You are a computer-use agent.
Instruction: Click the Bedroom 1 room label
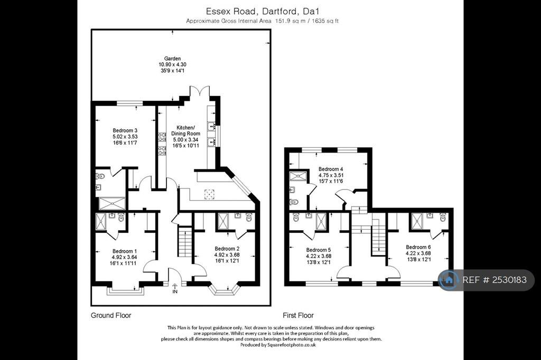tap(124, 251)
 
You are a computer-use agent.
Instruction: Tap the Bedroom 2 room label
tap(227, 249)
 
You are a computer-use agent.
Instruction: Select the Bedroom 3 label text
tap(125, 130)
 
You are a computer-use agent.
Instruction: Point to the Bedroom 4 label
tap(331, 169)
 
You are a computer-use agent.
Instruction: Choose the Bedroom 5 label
tap(319, 250)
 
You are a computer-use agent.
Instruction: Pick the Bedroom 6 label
tap(418, 247)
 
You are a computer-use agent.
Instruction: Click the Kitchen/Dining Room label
tap(185, 130)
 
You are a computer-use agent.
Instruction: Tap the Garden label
tap(173, 59)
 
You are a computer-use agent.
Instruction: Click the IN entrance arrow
tap(175, 288)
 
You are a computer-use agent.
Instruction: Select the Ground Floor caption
tap(111, 315)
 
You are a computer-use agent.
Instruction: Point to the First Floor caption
tap(298, 315)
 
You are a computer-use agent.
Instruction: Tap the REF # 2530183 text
tap(495, 280)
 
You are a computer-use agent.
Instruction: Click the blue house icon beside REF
tap(449, 280)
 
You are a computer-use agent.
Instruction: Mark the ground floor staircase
tap(185, 241)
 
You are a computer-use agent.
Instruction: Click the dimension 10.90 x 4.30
tap(173, 64)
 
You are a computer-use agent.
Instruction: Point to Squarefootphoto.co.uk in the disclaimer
tap(292, 345)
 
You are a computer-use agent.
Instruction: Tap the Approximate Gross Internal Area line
tap(262, 21)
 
